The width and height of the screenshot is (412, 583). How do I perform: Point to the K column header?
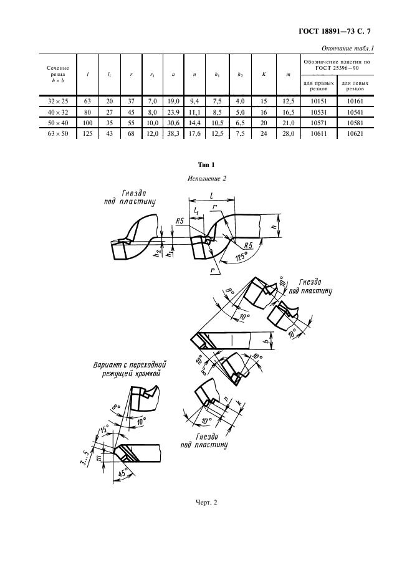coord(264,74)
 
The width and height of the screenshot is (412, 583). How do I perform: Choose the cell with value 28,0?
coord(287,133)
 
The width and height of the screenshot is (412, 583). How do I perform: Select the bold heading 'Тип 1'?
coord(206,165)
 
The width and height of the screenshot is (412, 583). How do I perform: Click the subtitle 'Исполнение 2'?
coord(206,179)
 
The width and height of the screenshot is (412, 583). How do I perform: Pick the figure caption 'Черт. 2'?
coord(206,502)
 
